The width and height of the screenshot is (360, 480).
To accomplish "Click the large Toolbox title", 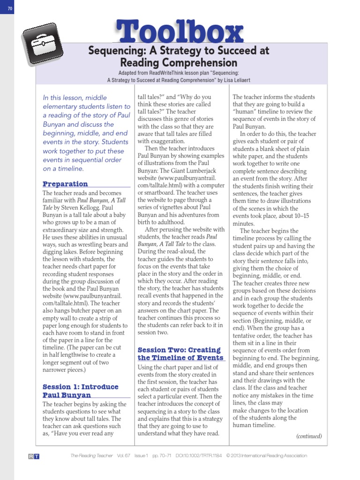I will (180, 32).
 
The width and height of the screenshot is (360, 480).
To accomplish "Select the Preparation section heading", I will (65, 184).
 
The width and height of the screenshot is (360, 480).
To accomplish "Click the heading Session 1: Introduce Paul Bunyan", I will (80, 391).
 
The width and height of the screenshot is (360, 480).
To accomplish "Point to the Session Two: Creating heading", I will (179, 350).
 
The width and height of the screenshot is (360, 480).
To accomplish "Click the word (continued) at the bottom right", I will (309, 436).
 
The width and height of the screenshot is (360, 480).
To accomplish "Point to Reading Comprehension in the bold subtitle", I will (179, 63).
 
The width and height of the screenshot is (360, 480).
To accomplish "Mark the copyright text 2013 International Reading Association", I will (271, 456).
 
